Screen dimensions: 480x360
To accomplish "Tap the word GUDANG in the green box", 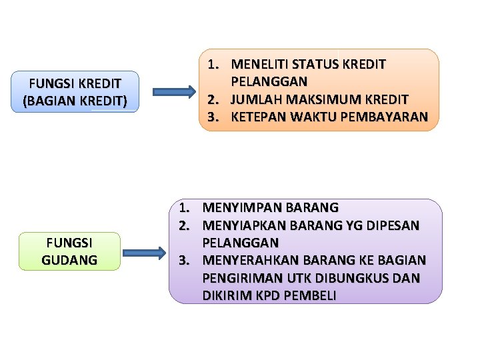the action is click(69, 259).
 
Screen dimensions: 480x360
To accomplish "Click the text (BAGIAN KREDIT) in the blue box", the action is click(75, 101).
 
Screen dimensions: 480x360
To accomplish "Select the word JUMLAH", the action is click(253, 100).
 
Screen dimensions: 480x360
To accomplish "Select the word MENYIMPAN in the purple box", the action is click(236, 207).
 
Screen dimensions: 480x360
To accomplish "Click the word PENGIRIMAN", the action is click(238, 277).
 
